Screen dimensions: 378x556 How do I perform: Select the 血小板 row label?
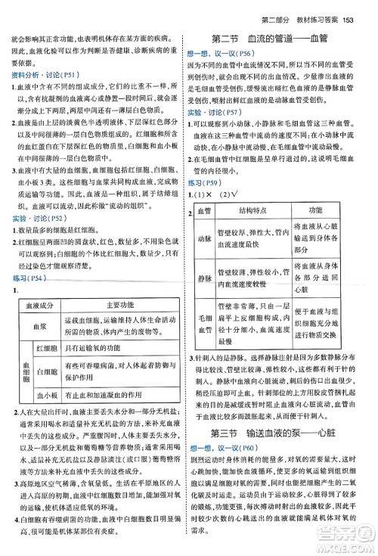[x=46, y=395]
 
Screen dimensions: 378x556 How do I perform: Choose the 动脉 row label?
[x=204, y=241]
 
